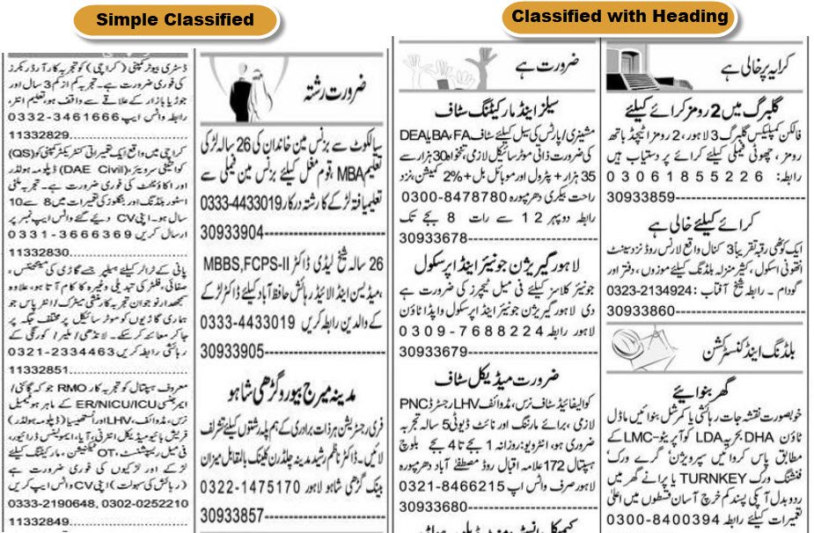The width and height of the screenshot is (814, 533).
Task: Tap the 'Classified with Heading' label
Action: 620,17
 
